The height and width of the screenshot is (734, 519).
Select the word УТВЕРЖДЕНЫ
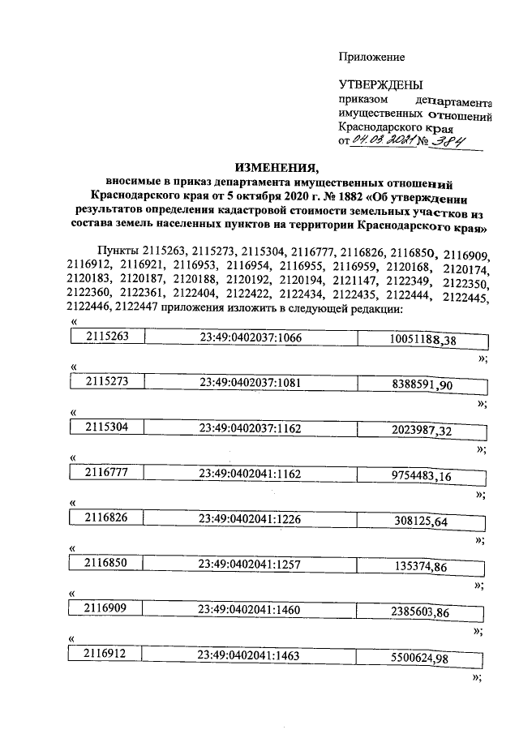coord(380,84)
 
